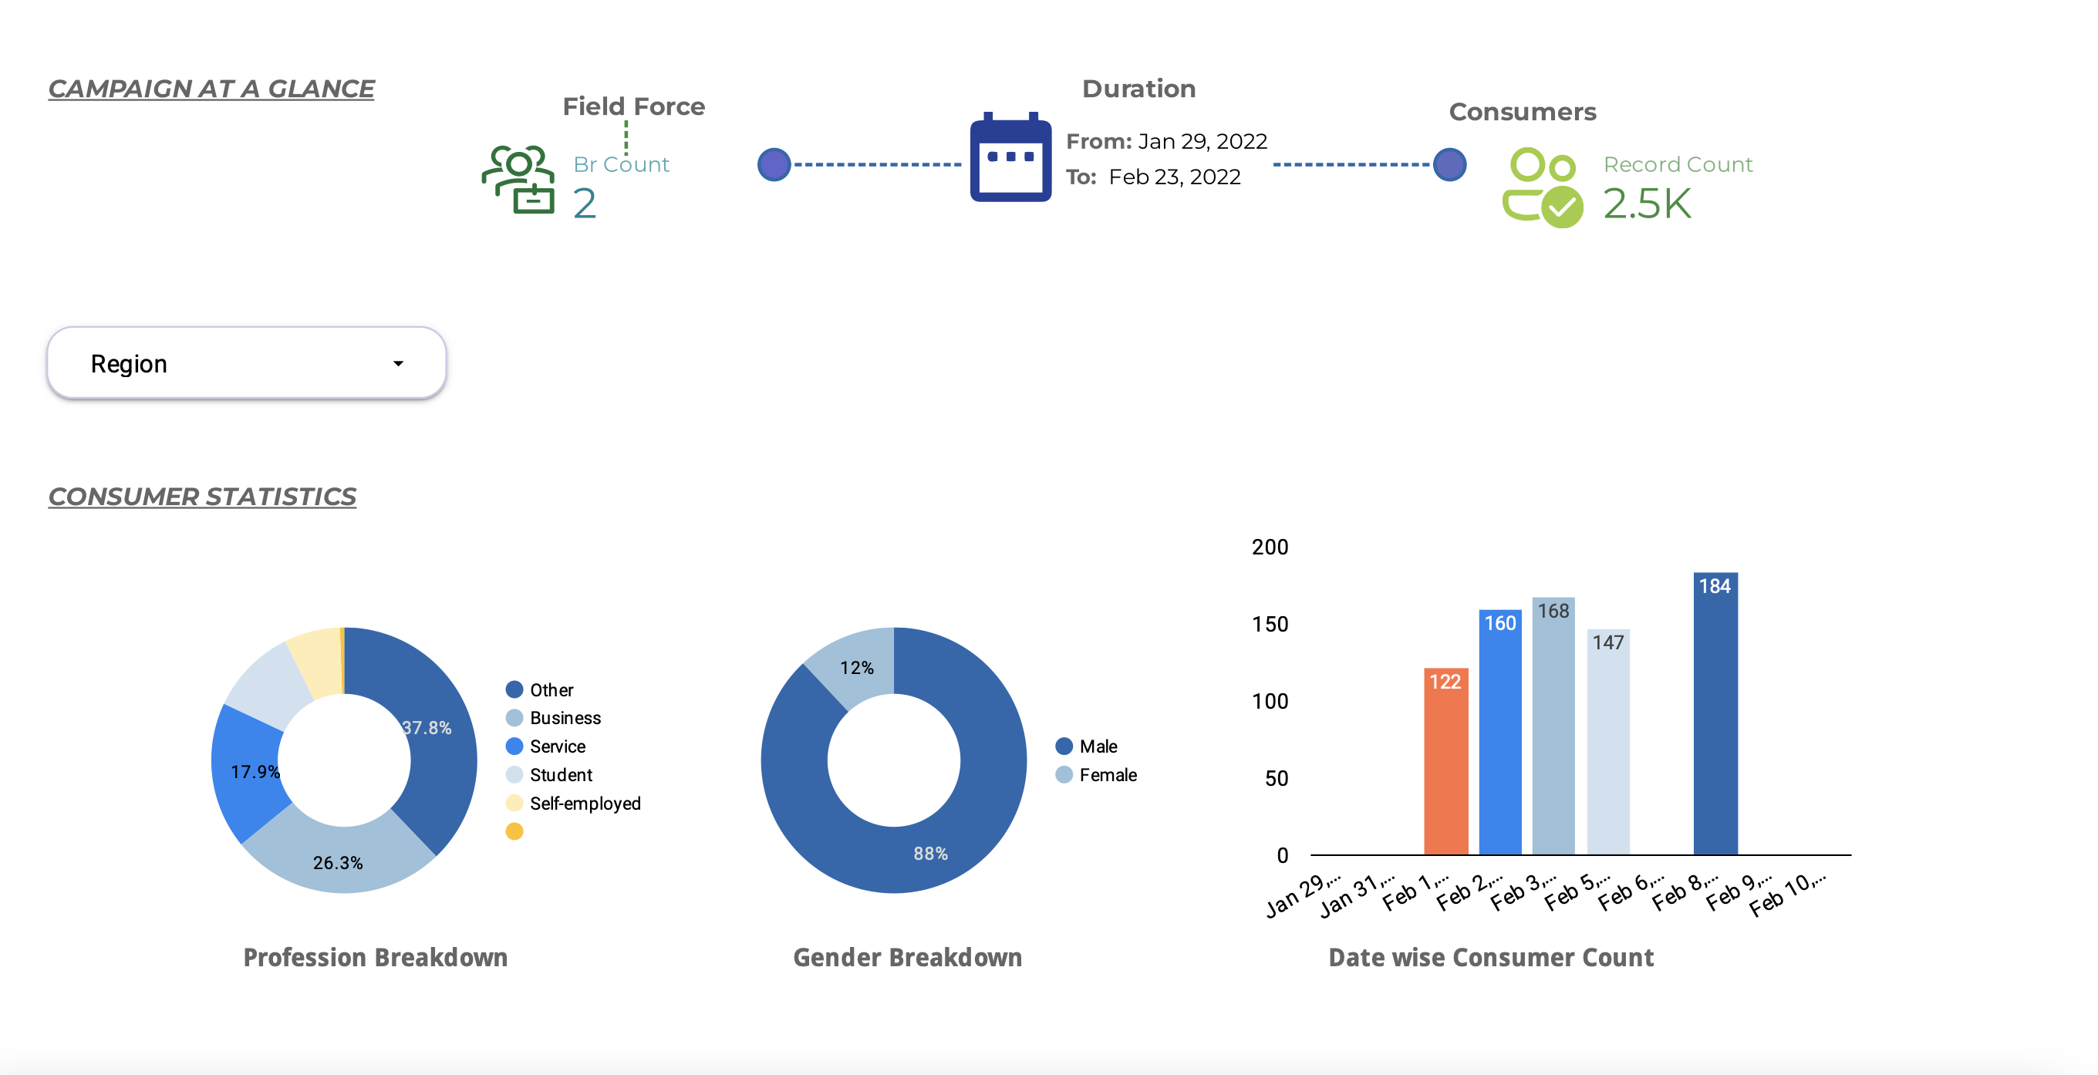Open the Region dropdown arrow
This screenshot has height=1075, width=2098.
click(398, 363)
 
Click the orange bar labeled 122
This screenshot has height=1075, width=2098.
click(1445, 761)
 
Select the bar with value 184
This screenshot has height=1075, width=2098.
click(1715, 713)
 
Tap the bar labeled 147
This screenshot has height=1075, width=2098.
click(1607, 742)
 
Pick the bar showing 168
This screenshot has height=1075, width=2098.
click(1553, 726)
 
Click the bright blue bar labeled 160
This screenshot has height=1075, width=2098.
click(1500, 732)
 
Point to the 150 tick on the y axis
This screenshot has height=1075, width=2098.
click(1270, 625)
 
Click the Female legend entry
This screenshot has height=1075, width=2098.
click(1096, 774)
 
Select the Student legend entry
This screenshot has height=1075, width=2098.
click(549, 774)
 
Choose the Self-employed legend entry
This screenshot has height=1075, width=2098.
click(573, 803)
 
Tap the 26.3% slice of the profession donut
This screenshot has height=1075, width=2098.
click(338, 859)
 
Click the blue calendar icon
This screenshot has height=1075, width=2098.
click(1010, 157)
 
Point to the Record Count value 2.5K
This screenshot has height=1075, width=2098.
click(1647, 203)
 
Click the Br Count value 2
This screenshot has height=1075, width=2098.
click(584, 204)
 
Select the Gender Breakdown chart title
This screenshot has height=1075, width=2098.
click(907, 957)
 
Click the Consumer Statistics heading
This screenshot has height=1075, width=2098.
click(202, 496)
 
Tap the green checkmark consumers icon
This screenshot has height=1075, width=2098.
click(1543, 187)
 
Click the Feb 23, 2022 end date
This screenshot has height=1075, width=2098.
click(1175, 177)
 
